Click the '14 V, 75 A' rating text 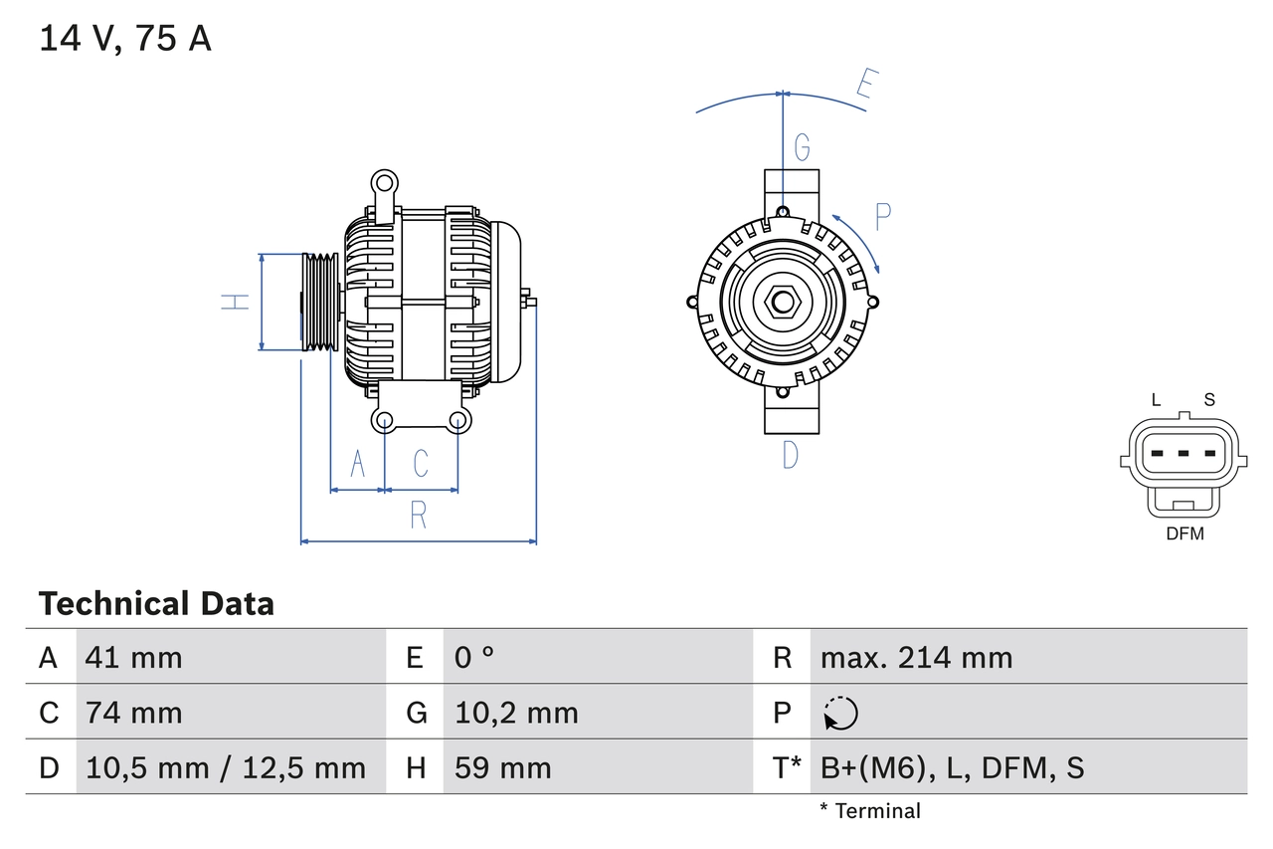125,39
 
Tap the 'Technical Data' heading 156,603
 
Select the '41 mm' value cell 134,657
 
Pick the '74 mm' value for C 134,713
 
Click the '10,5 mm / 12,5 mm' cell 226,767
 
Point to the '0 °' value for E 474,657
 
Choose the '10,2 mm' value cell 516,713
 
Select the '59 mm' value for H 502,767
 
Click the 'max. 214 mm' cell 916,657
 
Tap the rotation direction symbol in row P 840,713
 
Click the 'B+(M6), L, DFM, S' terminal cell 952,767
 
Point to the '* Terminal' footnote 870,811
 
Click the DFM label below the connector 1184,533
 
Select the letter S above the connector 1209,400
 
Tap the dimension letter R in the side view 419,515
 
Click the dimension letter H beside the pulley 235,301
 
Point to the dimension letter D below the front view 790,455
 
